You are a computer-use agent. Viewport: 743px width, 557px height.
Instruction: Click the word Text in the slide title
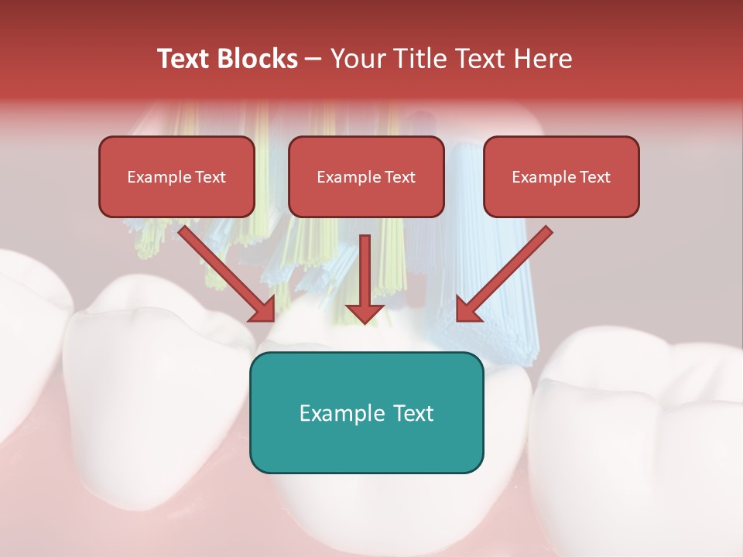click(184, 59)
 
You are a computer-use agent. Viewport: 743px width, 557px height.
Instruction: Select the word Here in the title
click(543, 59)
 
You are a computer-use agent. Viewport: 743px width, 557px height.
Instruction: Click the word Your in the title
click(357, 59)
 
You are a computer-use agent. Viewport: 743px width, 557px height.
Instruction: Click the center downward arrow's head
click(365, 313)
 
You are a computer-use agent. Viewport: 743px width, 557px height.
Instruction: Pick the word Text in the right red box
click(594, 177)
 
